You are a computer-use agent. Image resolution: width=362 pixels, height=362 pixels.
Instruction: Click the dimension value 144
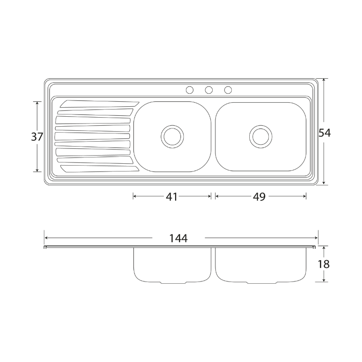point(178,238)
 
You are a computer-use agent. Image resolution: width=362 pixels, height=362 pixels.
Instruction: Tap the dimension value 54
point(324,133)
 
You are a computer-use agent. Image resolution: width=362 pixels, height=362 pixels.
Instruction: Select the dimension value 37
point(37,137)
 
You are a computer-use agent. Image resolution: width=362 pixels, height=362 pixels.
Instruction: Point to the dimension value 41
point(172,197)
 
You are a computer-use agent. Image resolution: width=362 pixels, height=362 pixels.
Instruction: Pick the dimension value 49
point(259,197)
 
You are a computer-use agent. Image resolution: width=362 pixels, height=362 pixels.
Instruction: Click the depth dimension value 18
point(324,264)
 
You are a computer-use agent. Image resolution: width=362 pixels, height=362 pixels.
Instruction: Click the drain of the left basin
point(172,137)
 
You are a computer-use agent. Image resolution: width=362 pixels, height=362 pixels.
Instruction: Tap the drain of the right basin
point(261,137)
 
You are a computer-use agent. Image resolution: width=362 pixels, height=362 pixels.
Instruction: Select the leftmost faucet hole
point(190,90)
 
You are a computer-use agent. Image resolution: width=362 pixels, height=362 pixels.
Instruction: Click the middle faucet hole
point(209,90)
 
